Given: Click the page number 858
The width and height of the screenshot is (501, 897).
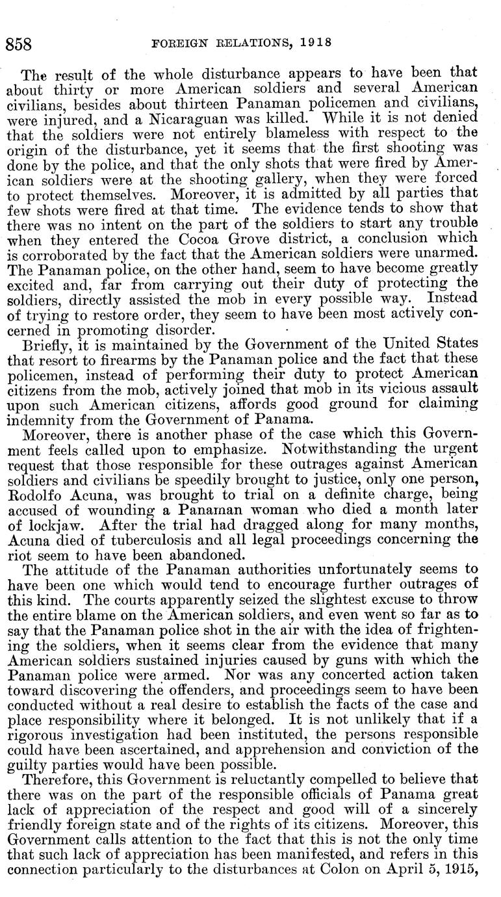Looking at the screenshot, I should pyautogui.click(x=19, y=44).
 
